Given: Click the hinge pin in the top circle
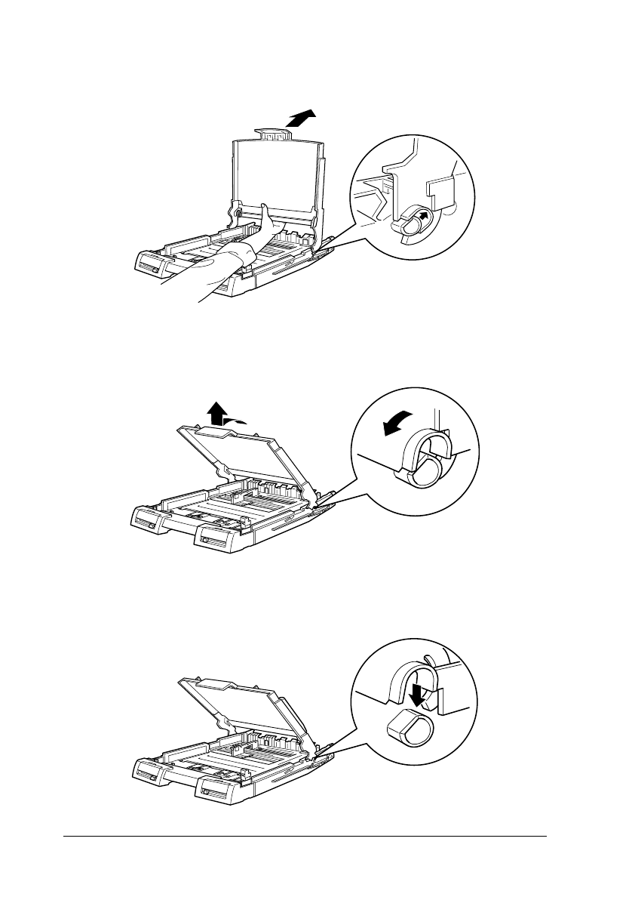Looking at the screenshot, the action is [413, 223].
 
